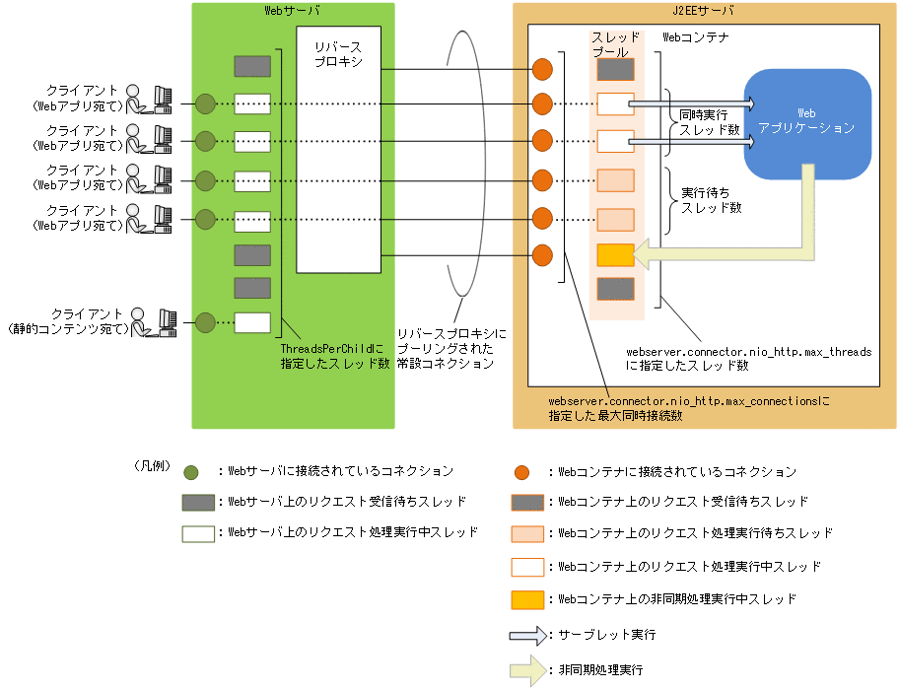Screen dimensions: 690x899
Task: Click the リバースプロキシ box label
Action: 337,55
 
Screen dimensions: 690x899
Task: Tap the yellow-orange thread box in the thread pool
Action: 615,255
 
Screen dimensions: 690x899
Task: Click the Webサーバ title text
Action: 294,12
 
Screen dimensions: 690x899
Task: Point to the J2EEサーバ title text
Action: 704,12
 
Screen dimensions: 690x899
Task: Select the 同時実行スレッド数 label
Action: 704,123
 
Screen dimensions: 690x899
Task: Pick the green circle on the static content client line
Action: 205,322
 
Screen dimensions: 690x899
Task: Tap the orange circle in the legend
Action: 527,471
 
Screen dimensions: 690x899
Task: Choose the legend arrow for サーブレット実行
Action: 527,636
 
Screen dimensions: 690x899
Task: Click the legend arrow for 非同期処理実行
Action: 527,669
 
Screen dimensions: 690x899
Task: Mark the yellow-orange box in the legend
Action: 527,598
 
